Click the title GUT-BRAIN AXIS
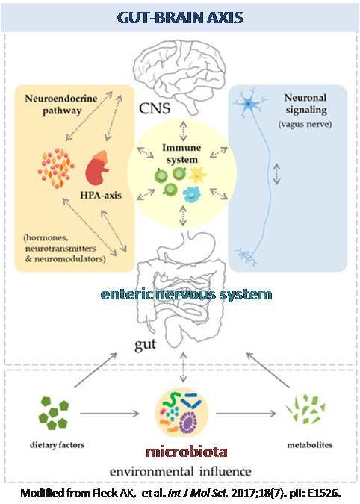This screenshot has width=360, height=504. coord(180,17)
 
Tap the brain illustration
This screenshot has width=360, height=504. coord(180,75)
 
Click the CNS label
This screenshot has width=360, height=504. coord(155,108)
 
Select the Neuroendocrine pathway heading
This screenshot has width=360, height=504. coord(61,104)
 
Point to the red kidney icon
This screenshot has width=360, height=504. coord(97,168)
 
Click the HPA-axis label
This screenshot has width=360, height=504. coord(101,195)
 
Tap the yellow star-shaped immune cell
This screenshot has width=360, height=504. coord(197,175)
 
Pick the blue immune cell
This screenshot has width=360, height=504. coord(192,194)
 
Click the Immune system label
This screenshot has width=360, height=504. coord(181,153)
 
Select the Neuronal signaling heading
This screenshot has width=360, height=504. coord(305,104)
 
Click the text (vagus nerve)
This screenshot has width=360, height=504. coord(305,124)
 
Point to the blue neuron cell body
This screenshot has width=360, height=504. coord(249,104)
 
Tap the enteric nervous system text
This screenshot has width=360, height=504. coord(187,294)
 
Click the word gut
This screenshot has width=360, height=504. coord(146,344)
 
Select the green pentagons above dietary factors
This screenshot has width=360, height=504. coord(54,413)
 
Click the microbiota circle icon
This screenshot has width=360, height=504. coord(181,413)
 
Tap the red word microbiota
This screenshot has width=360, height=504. coord(187,452)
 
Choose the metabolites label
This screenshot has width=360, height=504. coord(310,445)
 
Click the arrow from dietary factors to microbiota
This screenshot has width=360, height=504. coord(110,414)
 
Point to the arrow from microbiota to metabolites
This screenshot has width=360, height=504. coord(246,414)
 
